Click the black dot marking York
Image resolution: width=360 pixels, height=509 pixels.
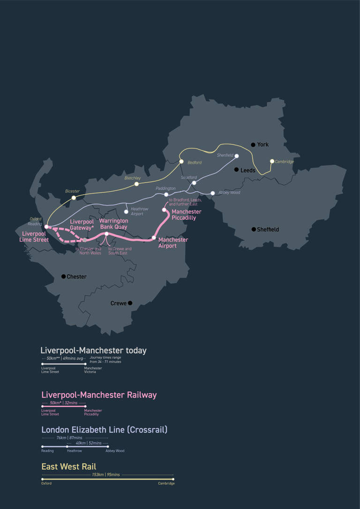pyautogui.click(x=253, y=144)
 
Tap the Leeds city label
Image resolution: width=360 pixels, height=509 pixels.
pyautogui.click(x=247, y=171)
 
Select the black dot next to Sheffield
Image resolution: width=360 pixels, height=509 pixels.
pyautogui.click(x=254, y=229)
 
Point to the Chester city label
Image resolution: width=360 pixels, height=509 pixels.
pyautogui.click(x=76, y=277)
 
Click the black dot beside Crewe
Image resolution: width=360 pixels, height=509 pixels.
pyautogui.click(x=130, y=303)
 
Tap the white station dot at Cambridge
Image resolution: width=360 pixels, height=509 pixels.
pyautogui.click(x=272, y=161)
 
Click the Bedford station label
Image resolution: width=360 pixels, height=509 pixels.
pyautogui.click(x=195, y=163)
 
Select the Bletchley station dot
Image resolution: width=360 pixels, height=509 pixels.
pyautogui.click(x=136, y=184)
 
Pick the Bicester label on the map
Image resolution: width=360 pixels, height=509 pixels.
pyautogui.click(x=72, y=191)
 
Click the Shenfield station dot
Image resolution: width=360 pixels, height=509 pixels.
pyautogui.click(x=237, y=156)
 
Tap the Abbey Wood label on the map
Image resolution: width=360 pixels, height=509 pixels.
pyautogui.click(x=229, y=193)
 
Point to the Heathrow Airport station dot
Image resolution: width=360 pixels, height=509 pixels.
pyautogui.click(x=126, y=212)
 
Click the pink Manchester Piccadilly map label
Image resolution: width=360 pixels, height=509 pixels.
pyautogui.click(x=187, y=215)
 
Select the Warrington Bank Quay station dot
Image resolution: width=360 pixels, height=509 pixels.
pyautogui.click(x=107, y=234)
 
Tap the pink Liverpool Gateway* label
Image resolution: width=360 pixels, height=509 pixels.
pyautogui.click(x=82, y=225)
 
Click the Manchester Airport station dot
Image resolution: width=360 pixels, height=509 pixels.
pyautogui.click(x=154, y=238)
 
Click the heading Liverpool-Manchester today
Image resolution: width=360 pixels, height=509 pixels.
pyautogui.click(x=93, y=351)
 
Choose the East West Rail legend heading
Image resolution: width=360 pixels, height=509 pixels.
pyautogui.click(x=68, y=467)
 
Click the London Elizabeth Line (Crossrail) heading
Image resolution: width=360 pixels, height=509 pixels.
pyautogui.click(x=104, y=430)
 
